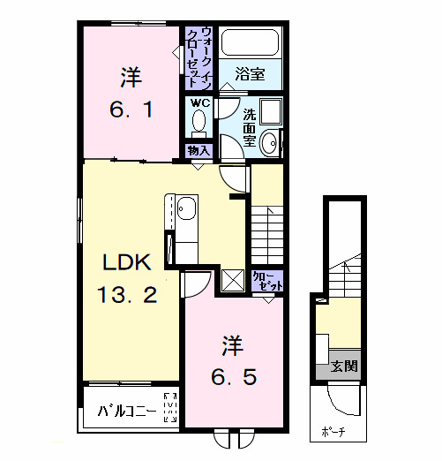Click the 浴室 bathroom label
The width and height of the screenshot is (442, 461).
(x=251, y=74)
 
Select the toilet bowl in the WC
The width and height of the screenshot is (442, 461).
(x=199, y=120)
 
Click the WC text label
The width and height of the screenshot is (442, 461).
(x=200, y=103)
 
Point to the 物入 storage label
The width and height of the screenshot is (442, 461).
(x=199, y=151)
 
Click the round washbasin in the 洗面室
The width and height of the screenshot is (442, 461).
(x=269, y=144)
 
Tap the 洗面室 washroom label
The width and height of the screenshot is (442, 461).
(x=250, y=127)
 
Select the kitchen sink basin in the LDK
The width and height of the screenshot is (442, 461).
(x=186, y=208)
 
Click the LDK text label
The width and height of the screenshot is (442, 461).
(x=127, y=262)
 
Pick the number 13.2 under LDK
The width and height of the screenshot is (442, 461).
(x=127, y=295)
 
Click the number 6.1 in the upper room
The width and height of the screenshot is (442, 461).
(x=131, y=110)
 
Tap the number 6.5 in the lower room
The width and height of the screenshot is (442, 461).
(x=234, y=377)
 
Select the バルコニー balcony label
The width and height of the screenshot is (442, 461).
(x=127, y=410)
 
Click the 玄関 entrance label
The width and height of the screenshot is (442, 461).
(x=344, y=367)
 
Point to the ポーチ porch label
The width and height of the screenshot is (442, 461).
(x=333, y=432)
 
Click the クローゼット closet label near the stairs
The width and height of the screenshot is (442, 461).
(x=267, y=281)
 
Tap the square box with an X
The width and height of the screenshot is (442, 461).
(x=233, y=281)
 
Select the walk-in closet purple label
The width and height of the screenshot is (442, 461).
(x=199, y=58)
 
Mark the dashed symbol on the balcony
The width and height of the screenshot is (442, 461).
(x=170, y=407)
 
